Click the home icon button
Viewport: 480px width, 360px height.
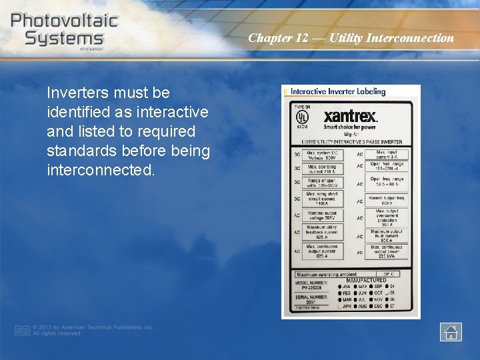pos(451,331)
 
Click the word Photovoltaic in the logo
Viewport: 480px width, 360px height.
pos(65,19)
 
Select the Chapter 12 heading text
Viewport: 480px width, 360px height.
pos(351,38)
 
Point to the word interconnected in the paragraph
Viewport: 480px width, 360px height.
pos(100,170)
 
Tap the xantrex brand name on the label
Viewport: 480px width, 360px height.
pos(351,115)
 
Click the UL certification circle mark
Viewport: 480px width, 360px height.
pos(302,116)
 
